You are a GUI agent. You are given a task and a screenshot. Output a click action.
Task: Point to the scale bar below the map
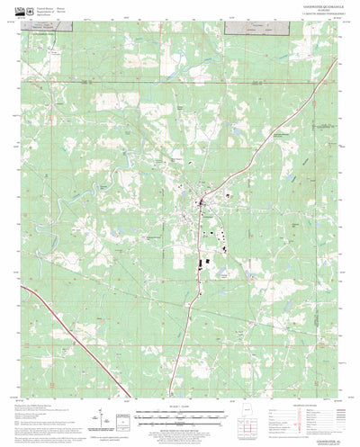(x=178, y=416)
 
